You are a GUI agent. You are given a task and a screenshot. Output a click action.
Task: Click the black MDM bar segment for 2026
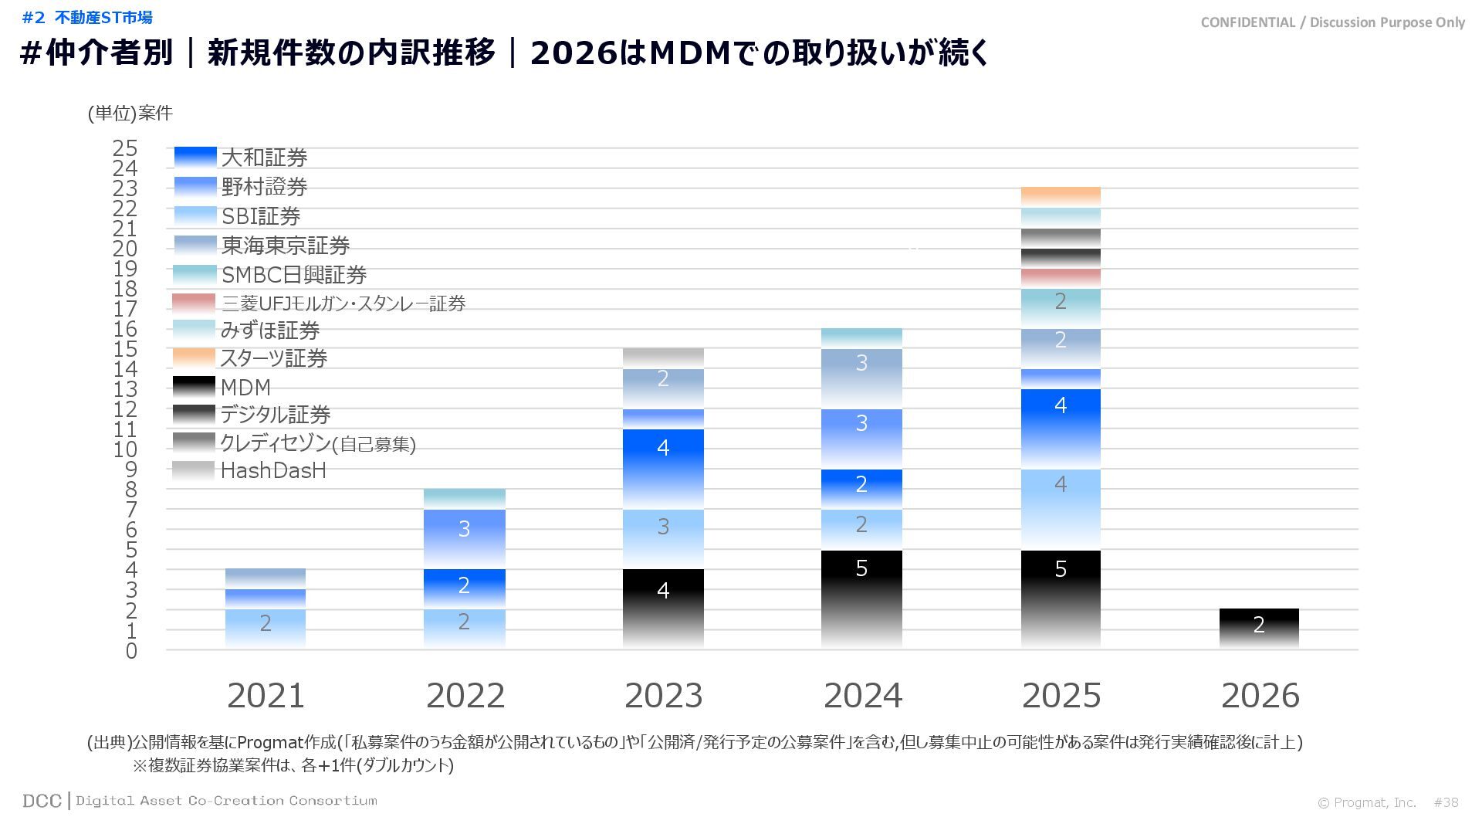[x=1259, y=628]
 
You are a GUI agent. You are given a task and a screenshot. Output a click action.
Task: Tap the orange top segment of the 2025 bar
[x=1061, y=196]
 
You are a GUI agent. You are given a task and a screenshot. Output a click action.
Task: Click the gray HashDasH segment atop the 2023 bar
[x=663, y=358]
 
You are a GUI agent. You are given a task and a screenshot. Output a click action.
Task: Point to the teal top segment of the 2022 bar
[x=464, y=498]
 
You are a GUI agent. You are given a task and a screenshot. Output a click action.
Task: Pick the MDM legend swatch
[x=194, y=386]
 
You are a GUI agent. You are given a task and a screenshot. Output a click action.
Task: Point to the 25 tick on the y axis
[x=125, y=148]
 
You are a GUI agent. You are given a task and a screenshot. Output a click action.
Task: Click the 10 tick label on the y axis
[x=125, y=449]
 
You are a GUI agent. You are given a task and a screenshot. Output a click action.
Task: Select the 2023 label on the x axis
[x=663, y=696]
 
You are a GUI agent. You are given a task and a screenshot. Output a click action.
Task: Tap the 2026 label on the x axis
[x=1260, y=696]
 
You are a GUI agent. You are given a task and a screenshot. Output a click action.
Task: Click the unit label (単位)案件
[x=130, y=114]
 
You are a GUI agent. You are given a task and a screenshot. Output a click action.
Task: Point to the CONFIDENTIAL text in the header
[x=1247, y=22]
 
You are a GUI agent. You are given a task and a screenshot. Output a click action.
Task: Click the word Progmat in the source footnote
[x=269, y=743]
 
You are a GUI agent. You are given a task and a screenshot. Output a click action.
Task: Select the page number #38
[x=1446, y=802]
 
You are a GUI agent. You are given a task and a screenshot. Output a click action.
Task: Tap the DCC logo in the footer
[x=42, y=801]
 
